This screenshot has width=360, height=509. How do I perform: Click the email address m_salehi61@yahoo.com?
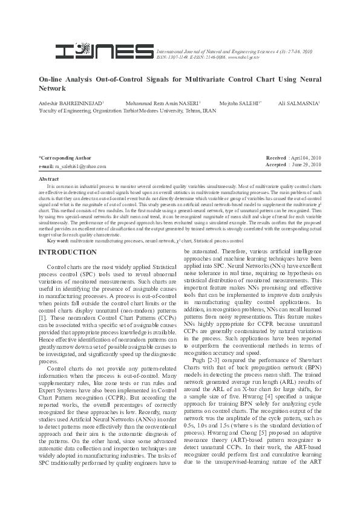pos(80,166)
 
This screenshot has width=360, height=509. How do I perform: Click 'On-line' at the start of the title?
pos(50,79)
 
